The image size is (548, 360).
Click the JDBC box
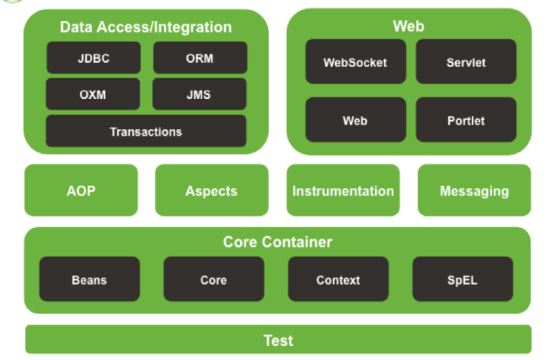[93, 58]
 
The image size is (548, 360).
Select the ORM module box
[199, 58]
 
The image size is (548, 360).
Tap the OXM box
[93, 94]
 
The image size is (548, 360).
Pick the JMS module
[199, 94]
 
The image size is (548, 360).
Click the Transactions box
[146, 131]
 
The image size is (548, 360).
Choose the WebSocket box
[355, 62]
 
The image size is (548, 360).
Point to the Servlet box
[466, 62]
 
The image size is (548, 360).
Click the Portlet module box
[466, 120]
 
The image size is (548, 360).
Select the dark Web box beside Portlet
[355, 120]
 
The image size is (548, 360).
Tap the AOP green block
[82, 190]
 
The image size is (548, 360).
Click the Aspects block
[211, 190]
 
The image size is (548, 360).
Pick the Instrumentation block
[343, 190]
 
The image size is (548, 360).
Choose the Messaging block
[474, 190]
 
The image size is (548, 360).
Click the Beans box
[89, 279]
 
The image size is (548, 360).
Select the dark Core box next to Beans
[214, 279]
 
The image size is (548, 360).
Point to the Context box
[338, 279]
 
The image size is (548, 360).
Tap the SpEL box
[462, 279]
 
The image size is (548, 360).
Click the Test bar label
[278, 340]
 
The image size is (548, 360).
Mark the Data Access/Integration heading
[146, 27]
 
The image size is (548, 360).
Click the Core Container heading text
[277, 242]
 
